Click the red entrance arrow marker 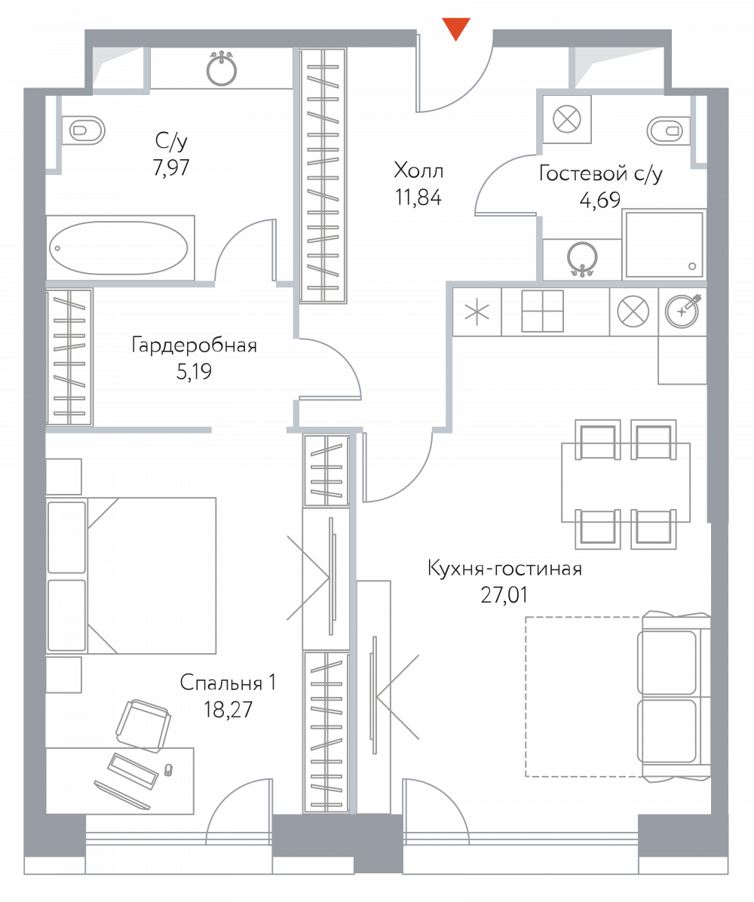click(456, 28)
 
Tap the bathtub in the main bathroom click(118, 248)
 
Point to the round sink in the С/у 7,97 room click(222, 69)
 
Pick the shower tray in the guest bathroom click(664, 244)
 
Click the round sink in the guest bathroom click(582, 259)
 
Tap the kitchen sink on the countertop click(682, 311)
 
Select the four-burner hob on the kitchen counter click(542, 311)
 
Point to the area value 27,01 click(504, 595)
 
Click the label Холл click(418, 170)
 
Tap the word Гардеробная click(195, 345)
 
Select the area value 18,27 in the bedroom click(228, 710)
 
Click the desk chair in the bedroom click(143, 726)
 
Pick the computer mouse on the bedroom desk click(168, 769)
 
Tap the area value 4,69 click(600, 200)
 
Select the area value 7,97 click(171, 167)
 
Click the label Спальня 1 click(228, 683)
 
